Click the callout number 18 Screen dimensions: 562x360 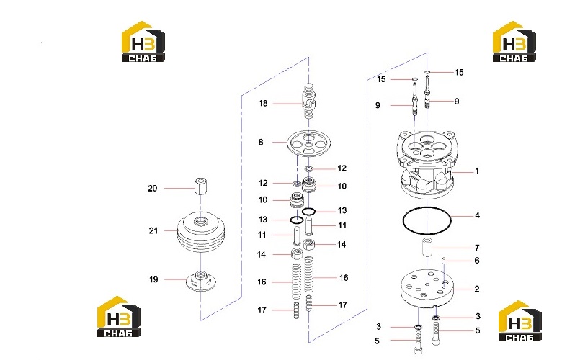pyautogui.click(x=263, y=104)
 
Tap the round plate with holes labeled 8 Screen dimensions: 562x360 pyautogui.click(x=308, y=143)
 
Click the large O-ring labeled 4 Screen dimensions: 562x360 pyautogui.click(x=427, y=220)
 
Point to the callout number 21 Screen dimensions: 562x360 pyautogui.click(x=153, y=230)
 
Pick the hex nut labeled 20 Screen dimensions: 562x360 pyautogui.click(x=201, y=186)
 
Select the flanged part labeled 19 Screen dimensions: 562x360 pyautogui.click(x=201, y=281)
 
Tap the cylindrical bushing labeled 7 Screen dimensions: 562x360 pyautogui.click(x=427, y=246)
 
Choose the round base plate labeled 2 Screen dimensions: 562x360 pyautogui.click(x=427, y=289)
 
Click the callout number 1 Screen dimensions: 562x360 pyautogui.click(x=477, y=171)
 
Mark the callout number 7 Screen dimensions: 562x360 pyautogui.click(x=477, y=248)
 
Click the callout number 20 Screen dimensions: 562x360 pyautogui.click(x=153, y=189)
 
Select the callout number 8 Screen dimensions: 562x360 pyautogui.click(x=261, y=143)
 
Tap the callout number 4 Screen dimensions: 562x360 pyautogui.click(x=477, y=215)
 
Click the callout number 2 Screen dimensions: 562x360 pyautogui.click(x=477, y=289)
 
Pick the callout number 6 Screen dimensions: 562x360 pyautogui.click(x=477, y=261)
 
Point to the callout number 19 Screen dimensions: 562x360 pyautogui.click(x=153, y=279)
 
